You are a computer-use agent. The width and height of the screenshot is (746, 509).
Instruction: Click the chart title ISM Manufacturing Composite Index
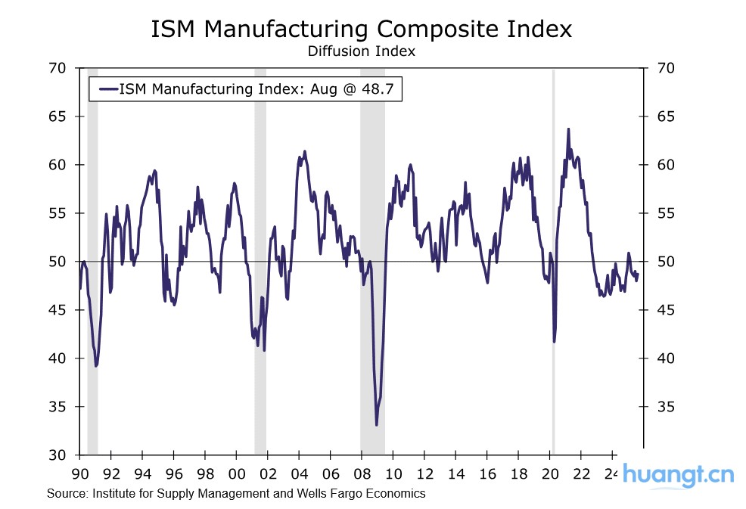click(x=362, y=29)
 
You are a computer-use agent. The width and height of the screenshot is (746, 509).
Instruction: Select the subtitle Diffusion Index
click(x=361, y=51)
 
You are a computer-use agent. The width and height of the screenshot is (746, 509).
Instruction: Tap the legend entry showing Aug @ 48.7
click(x=246, y=89)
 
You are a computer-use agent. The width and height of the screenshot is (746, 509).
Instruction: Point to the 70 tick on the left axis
click(x=59, y=68)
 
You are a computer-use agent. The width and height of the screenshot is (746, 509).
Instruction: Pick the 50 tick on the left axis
click(x=59, y=262)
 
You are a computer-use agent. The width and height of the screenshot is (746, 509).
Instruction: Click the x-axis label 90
click(x=79, y=474)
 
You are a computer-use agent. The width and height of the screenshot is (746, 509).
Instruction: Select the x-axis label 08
click(x=362, y=474)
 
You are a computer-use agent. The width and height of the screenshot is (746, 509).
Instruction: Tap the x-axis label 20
click(x=550, y=474)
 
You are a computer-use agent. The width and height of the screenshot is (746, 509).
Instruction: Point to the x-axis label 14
click(x=455, y=474)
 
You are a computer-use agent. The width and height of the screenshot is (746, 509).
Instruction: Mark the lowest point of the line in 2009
click(x=377, y=425)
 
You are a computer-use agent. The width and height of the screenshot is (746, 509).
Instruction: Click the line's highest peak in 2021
click(x=568, y=129)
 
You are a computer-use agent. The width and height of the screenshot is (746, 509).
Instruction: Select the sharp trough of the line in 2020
click(x=555, y=342)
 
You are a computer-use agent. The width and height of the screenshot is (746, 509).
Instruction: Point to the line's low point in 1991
click(x=96, y=366)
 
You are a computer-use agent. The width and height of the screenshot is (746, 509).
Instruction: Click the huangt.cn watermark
click(x=678, y=476)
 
